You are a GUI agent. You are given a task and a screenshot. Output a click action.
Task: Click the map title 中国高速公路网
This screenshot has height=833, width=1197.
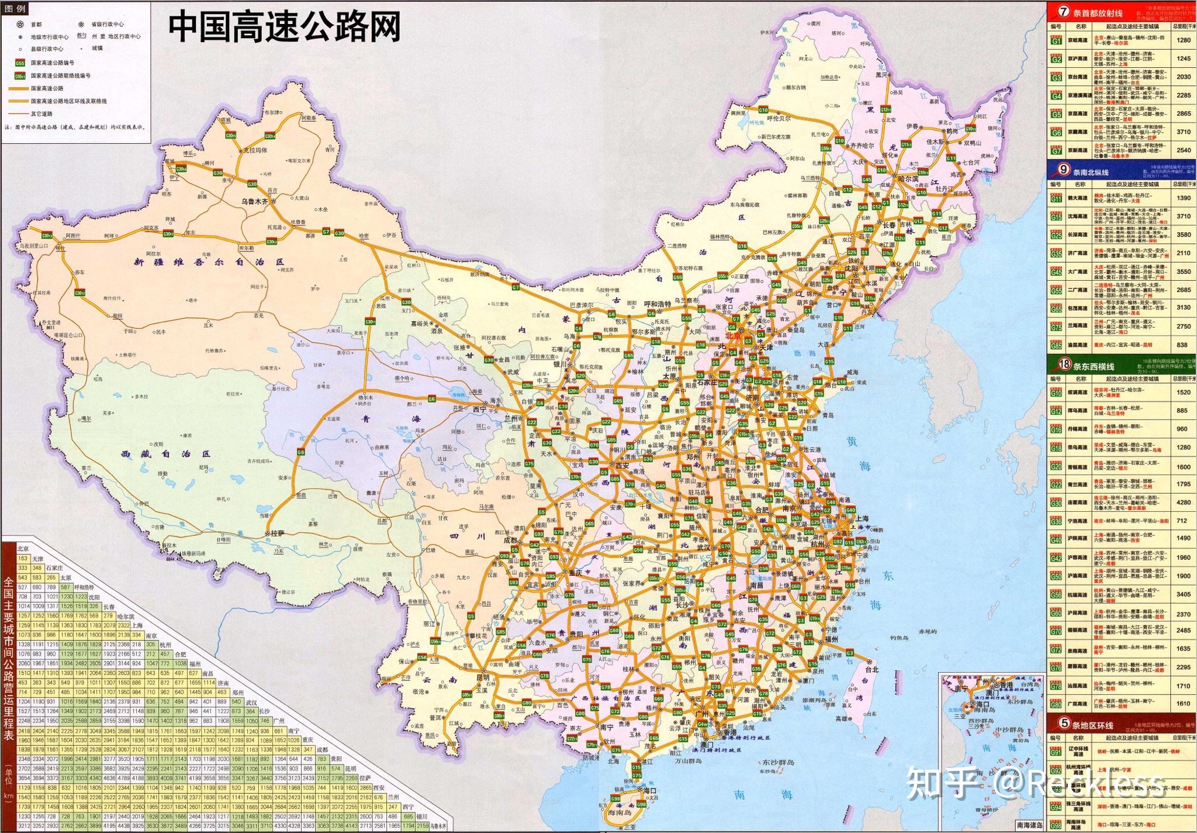284,27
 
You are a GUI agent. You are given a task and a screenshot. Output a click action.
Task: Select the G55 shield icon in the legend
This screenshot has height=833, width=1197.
20,63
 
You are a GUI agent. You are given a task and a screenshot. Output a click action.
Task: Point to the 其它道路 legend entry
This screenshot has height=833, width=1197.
41,113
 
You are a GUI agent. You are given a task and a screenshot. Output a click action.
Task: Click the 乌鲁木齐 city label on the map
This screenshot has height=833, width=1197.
254,201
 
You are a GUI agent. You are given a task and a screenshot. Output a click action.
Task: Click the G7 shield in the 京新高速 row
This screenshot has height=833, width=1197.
1056,150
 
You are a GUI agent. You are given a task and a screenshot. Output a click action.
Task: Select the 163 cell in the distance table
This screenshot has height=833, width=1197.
23,559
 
